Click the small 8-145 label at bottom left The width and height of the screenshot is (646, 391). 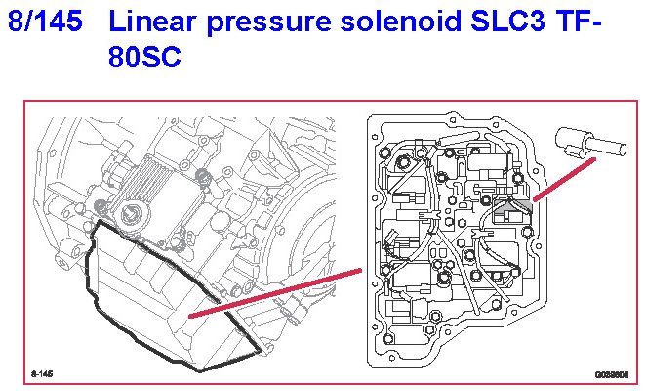pos(42,374)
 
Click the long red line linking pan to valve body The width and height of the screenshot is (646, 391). pos(278,291)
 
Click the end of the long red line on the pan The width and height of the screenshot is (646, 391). pos(192,315)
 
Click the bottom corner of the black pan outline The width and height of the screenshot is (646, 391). pos(203,369)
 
